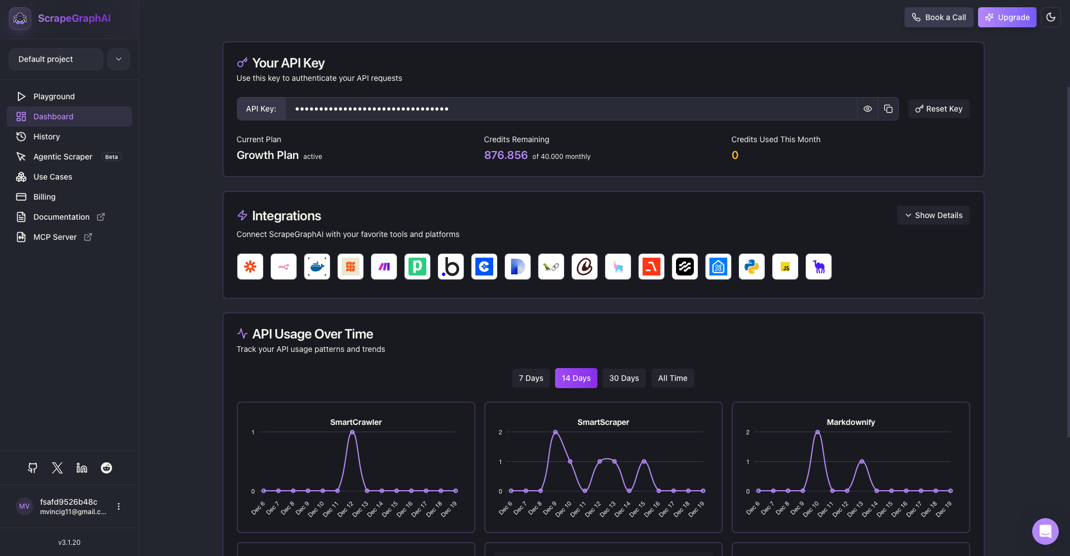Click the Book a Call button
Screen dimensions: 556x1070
(939, 17)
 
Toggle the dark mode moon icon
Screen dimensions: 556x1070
(1050, 17)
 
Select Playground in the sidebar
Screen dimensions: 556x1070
(53, 96)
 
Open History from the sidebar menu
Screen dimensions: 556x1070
(46, 137)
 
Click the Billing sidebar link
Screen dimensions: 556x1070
(44, 197)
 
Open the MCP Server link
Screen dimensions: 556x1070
(55, 237)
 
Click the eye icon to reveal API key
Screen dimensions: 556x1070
(868, 109)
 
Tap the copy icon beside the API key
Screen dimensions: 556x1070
(888, 109)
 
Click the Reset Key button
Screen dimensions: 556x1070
(939, 109)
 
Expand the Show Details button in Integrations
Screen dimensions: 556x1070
(933, 215)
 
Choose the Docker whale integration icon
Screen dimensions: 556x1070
(317, 267)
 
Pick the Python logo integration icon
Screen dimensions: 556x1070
(752, 267)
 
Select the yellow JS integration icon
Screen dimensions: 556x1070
(785, 267)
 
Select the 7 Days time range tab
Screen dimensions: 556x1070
(531, 378)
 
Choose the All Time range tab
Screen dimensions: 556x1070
(673, 378)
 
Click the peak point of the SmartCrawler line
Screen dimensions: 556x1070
(352, 432)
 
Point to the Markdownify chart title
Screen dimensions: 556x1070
(850, 422)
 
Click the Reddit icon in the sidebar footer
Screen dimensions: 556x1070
(106, 468)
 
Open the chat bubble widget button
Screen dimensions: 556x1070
(1045, 531)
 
